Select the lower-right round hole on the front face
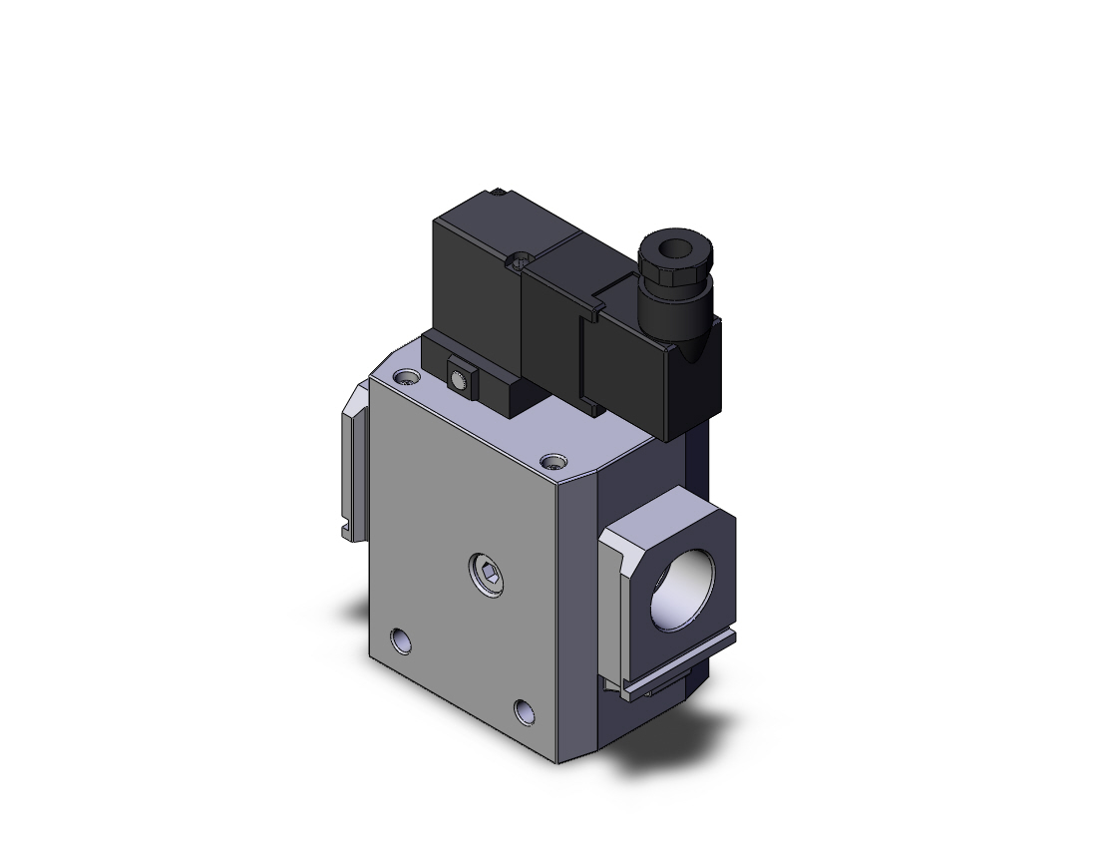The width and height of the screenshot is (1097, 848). (525, 710)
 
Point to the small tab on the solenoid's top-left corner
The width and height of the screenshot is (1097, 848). (496, 190)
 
